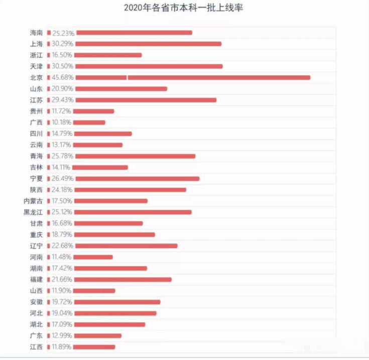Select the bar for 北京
click(193, 77)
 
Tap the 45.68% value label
click(63, 77)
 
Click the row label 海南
click(36, 33)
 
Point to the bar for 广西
click(91, 123)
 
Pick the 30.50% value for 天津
click(63, 66)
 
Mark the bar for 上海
click(149, 44)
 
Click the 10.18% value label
click(63, 123)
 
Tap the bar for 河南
click(94, 257)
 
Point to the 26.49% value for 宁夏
click(63, 179)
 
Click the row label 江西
click(36, 347)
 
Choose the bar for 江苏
click(146, 100)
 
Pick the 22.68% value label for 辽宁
click(63, 246)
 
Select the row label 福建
click(36, 280)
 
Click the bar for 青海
click(136, 156)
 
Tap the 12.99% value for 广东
click(63, 336)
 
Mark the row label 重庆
click(36, 234)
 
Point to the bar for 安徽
click(118, 302)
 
